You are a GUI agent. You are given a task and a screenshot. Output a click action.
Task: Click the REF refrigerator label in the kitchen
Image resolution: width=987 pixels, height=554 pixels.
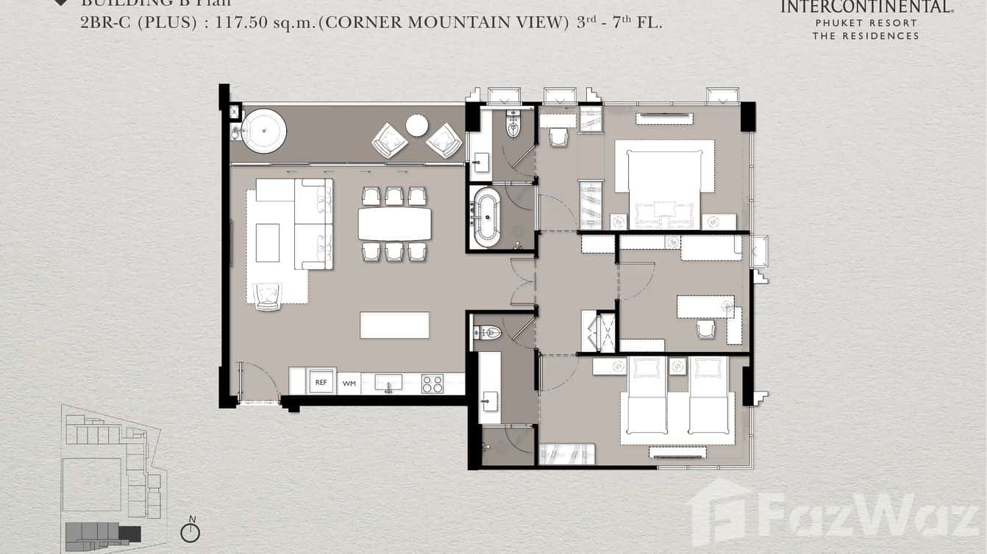pyautogui.click(x=321, y=382)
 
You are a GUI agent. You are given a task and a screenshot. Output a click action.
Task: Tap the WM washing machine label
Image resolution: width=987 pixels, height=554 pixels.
pyautogui.click(x=349, y=383)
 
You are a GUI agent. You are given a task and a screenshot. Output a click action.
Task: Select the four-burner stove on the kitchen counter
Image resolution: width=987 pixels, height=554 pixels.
pyautogui.click(x=432, y=384)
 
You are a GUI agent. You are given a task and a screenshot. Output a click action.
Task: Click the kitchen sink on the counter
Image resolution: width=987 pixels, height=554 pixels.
pyautogui.click(x=388, y=382)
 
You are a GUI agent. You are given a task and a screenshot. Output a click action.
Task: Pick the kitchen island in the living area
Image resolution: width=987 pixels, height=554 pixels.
pyautogui.click(x=394, y=325)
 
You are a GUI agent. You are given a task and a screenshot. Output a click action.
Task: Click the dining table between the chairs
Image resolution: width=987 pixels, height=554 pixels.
pyautogui.click(x=395, y=224)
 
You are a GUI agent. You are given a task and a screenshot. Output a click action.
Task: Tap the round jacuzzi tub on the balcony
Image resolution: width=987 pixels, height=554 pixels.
pyautogui.click(x=263, y=131)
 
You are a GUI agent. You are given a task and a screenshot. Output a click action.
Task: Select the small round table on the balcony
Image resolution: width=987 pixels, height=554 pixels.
pyautogui.click(x=417, y=126)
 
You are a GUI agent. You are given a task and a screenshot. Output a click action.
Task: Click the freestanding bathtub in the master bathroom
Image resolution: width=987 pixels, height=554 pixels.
pyautogui.click(x=485, y=217)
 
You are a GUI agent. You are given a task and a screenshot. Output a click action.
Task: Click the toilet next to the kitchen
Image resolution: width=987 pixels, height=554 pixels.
pyautogui.click(x=488, y=333)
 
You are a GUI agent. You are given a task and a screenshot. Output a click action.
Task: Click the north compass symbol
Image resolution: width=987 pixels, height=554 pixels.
pyautogui.click(x=190, y=531)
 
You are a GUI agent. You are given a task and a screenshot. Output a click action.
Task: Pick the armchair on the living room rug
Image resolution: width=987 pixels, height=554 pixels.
pyautogui.click(x=267, y=295)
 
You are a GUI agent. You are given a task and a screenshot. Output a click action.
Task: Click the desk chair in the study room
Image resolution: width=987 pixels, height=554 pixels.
pyautogui.click(x=706, y=328)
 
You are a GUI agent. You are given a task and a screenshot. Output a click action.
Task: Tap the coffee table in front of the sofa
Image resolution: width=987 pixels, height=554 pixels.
pyautogui.click(x=267, y=242)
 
